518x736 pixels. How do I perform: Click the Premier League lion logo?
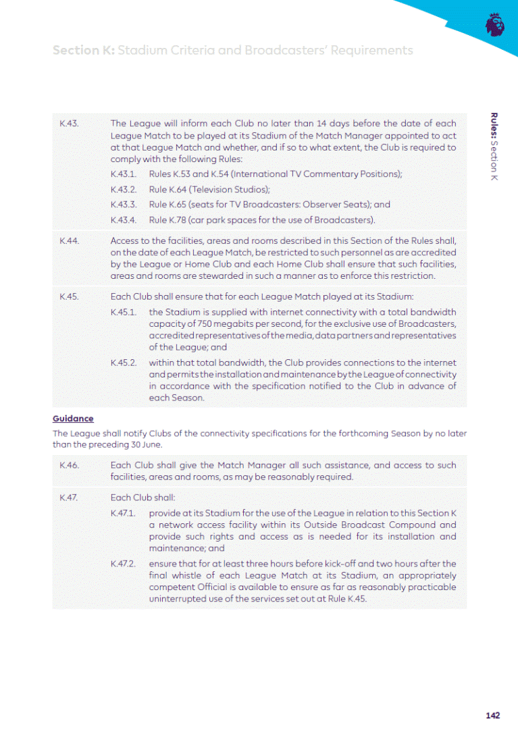495,26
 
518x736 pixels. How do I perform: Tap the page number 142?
492,715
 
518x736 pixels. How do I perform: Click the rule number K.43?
70,124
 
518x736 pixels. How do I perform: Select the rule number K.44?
70,240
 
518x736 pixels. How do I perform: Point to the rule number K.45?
70,296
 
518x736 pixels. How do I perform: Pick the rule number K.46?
70,465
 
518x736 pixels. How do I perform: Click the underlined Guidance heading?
73,419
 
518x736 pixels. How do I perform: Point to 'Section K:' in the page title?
83,51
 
